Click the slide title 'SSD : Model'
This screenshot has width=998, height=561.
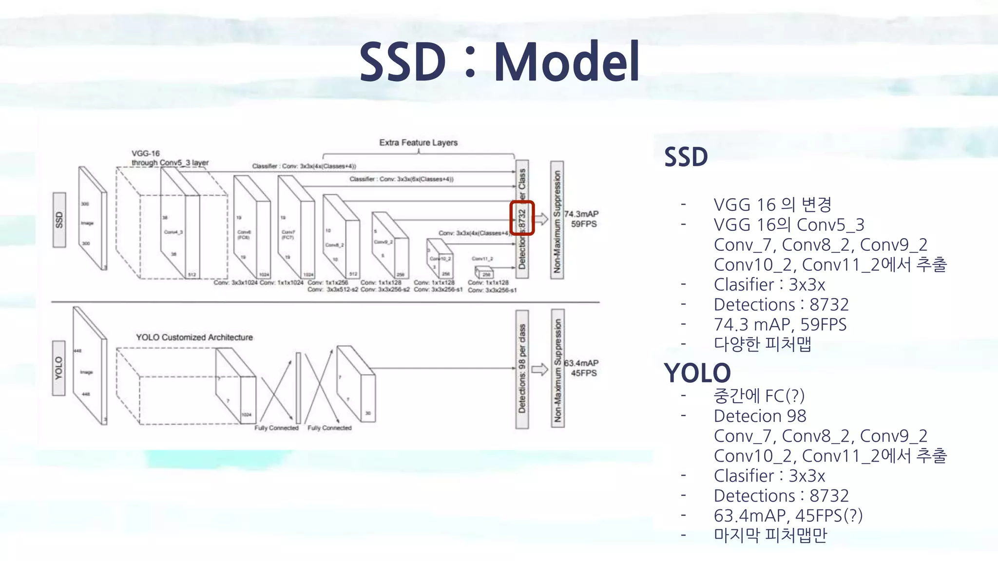(499, 62)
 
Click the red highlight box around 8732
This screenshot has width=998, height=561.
(522, 218)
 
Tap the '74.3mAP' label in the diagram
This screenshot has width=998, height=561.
(581, 214)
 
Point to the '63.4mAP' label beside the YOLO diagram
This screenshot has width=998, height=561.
(581, 363)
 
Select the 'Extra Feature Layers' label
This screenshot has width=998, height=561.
(418, 143)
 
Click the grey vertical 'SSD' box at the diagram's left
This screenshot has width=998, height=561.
(59, 220)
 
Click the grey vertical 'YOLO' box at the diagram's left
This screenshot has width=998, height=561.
(59, 368)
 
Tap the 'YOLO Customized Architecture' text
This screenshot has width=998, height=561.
(194, 337)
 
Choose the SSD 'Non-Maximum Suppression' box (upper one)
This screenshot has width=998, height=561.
(557, 220)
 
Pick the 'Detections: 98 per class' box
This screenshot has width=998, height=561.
(522, 369)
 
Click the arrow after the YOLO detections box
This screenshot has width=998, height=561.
(539, 369)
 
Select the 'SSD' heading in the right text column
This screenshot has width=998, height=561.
(686, 157)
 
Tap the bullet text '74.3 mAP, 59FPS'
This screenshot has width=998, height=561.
(780, 324)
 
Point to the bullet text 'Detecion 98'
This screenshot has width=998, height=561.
(760, 416)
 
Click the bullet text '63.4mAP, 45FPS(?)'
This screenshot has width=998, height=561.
(788, 515)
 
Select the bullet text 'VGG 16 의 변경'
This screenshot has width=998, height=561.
(772, 205)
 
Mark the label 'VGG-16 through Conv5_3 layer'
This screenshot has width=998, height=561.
(170, 158)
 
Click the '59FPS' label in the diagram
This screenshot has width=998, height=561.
(584, 224)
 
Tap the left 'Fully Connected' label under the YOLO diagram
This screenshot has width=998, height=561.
(276, 428)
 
